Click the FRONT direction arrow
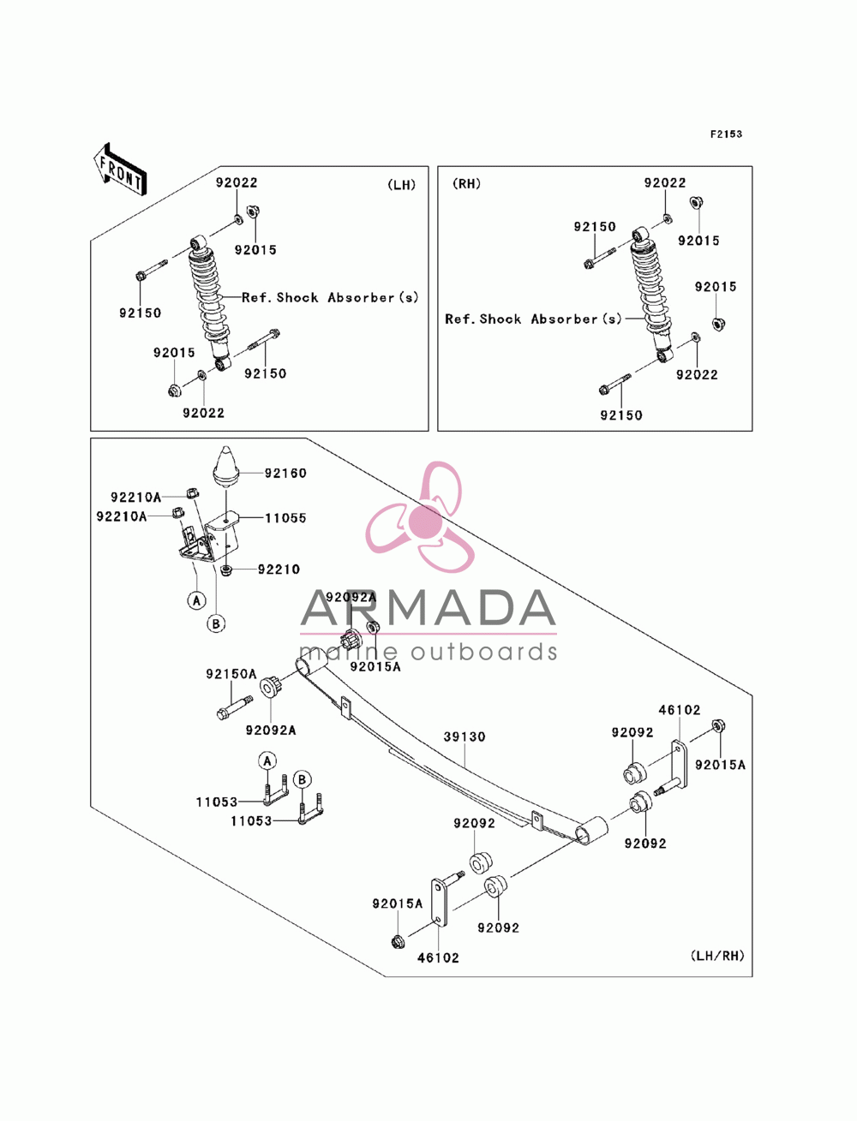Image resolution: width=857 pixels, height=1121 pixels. [120, 170]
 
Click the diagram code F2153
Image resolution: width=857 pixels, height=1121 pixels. [725, 134]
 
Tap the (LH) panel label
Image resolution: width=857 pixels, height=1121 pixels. [402, 185]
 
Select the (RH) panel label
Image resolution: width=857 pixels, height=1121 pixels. [466, 184]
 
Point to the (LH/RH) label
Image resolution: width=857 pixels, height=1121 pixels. [717, 966]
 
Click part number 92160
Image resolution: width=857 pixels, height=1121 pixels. [285, 474]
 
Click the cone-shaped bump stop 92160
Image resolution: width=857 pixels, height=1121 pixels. [226, 468]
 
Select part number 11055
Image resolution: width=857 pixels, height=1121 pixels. [285, 518]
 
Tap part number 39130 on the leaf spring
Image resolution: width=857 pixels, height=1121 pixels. [464, 737]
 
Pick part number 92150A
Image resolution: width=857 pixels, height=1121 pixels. [231, 674]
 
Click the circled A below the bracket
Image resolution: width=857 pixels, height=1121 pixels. [197, 600]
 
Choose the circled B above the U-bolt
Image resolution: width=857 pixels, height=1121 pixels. [302, 780]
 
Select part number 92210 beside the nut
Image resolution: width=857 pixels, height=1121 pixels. [279, 569]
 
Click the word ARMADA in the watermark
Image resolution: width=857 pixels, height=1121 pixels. [428, 608]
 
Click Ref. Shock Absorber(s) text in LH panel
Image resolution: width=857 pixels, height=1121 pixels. [330, 298]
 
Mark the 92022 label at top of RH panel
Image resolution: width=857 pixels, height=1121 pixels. [665, 182]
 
